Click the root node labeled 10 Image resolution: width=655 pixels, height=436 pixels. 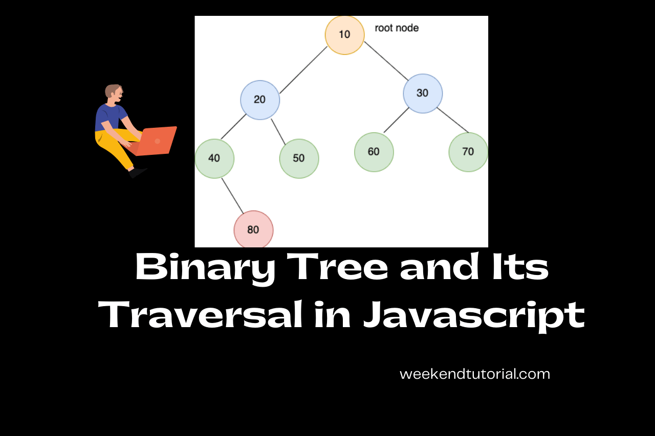click(x=344, y=35)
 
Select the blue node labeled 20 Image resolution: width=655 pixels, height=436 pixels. click(x=260, y=100)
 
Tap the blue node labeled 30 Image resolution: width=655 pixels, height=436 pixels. click(x=423, y=94)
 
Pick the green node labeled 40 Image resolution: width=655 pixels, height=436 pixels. click(x=214, y=158)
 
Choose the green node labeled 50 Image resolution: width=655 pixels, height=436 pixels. click(x=299, y=158)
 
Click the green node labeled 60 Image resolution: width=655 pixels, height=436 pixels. click(x=374, y=152)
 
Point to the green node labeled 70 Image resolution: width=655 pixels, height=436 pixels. click(x=468, y=152)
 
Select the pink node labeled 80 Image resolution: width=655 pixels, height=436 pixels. click(x=253, y=230)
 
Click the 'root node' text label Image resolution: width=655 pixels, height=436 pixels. click(x=397, y=28)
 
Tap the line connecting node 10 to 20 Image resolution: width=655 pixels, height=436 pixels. click(x=303, y=70)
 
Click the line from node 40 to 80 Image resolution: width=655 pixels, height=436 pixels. click(x=232, y=195)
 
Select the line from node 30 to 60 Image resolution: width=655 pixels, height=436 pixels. click(x=396, y=120)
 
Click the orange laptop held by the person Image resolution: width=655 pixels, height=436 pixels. click(x=158, y=141)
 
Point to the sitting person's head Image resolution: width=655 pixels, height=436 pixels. click(x=114, y=93)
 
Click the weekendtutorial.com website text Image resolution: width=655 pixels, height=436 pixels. click(x=474, y=374)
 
